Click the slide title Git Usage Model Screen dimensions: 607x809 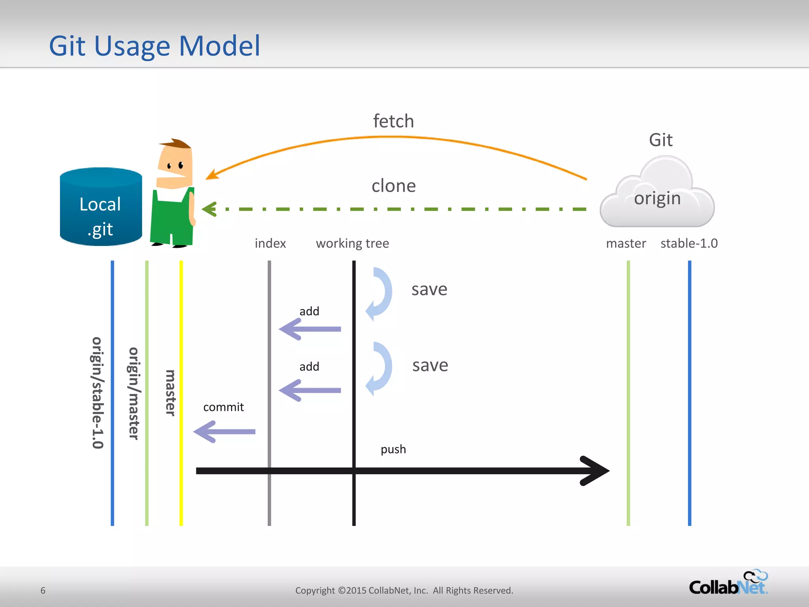point(154,46)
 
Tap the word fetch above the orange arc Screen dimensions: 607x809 point(393,121)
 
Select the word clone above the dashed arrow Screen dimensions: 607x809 point(393,186)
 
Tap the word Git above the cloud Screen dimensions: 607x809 point(660,140)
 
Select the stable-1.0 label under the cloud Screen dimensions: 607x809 point(689,243)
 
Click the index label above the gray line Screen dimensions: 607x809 point(270,243)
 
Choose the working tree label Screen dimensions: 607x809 point(352,243)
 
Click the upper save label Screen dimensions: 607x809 point(429,289)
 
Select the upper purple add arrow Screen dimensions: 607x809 point(310,329)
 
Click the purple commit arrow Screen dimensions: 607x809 point(224,432)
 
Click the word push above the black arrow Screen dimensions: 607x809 point(393,449)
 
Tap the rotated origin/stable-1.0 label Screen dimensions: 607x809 point(97,393)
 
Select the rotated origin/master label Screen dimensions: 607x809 point(134,393)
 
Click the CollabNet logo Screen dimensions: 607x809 point(728,583)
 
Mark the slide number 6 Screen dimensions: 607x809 point(43,590)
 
